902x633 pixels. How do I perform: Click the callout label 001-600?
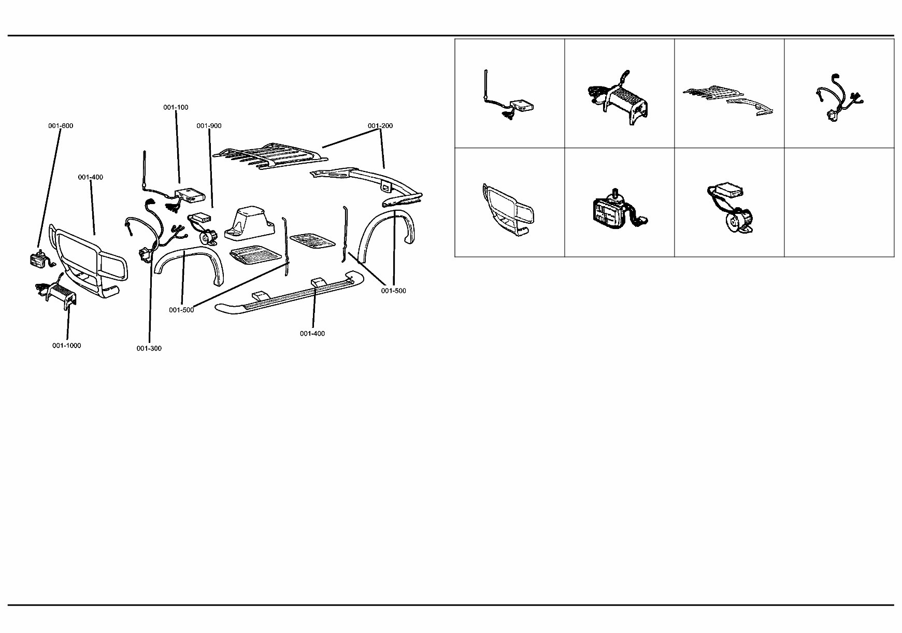(61, 126)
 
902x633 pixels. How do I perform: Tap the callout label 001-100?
(176, 107)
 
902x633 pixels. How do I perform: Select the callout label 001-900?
(209, 126)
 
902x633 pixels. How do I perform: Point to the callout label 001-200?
(380, 126)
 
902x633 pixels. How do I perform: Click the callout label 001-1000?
(66, 346)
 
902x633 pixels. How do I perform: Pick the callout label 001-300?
(149, 348)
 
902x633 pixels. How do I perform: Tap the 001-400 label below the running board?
(312, 334)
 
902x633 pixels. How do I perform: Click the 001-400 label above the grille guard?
(91, 177)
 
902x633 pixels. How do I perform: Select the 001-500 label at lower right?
(393, 291)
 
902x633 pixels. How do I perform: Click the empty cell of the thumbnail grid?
(839, 203)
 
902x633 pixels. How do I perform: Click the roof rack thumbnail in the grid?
(728, 98)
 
